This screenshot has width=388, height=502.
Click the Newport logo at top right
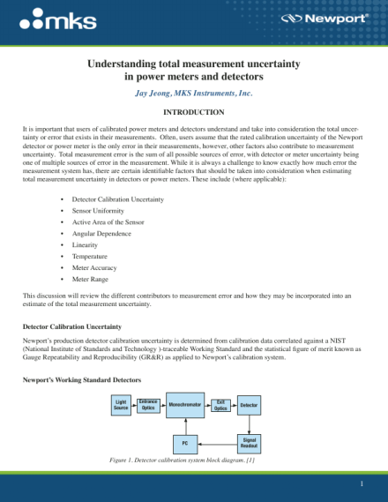(336, 18)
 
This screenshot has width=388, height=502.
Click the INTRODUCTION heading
(194, 112)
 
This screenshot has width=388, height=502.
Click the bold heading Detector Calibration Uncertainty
(72, 326)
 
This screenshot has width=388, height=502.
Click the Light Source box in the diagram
(122, 405)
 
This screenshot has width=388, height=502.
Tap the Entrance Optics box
(148, 405)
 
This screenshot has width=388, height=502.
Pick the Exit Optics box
(221, 405)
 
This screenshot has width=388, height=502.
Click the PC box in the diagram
(184, 441)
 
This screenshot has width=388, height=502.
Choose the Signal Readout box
(249, 441)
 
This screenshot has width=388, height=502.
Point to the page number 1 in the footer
(361, 485)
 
